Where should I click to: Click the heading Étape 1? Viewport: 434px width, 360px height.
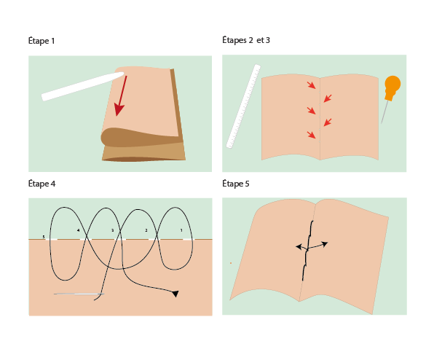42,41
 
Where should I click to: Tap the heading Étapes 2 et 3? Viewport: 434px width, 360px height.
246,40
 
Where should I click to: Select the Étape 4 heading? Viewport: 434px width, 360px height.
42,184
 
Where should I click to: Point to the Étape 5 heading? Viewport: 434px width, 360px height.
236,184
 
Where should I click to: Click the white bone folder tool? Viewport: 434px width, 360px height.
82,86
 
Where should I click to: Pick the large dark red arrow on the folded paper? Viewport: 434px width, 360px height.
121,95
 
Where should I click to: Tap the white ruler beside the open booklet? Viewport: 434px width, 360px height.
243,106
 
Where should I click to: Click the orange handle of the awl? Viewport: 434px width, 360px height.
392,87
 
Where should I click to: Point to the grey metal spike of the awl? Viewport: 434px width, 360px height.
384,111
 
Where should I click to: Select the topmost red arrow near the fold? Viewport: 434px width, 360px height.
312,85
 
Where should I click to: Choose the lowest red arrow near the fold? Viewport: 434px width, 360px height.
312,135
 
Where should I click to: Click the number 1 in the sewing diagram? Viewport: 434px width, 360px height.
181,230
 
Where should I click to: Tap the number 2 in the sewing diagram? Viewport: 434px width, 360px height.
146,230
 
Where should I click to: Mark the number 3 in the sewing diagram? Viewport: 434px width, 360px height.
112,230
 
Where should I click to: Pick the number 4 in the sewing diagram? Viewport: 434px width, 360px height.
79,230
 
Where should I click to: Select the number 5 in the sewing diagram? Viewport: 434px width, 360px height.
44,237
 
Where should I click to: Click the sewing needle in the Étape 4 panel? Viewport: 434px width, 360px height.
79,294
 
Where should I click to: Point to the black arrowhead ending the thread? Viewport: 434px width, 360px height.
175,294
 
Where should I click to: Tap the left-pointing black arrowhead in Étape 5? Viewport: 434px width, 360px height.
299,246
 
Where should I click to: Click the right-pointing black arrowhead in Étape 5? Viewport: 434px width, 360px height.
325,244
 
